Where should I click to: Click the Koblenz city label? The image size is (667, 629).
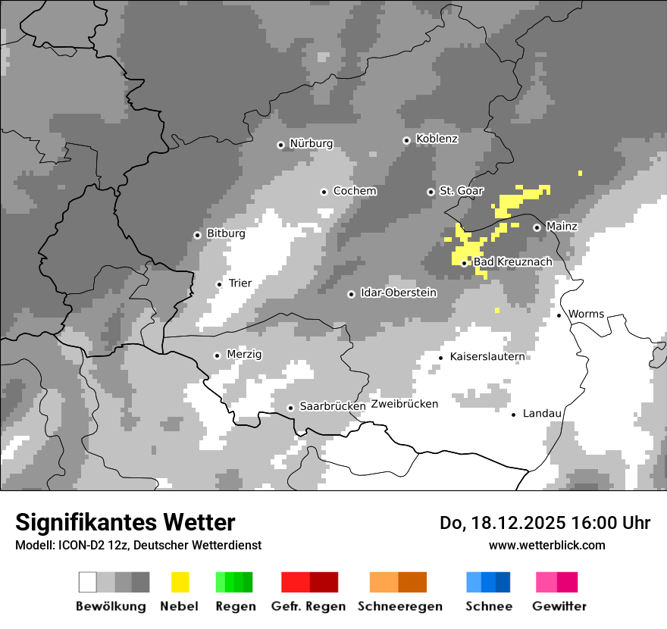(x=437, y=139)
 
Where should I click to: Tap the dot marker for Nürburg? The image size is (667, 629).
(x=280, y=145)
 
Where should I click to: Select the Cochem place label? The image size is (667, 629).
(x=354, y=191)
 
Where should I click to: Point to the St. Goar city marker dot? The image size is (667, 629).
(x=431, y=192)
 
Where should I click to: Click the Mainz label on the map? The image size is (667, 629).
(x=562, y=227)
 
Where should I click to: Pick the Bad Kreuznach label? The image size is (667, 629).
(x=512, y=262)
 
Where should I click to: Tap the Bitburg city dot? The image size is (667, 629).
(x=197, y=235)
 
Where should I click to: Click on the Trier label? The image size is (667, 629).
(x=240, y=283)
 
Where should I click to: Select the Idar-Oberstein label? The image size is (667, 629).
(x=399, y=293)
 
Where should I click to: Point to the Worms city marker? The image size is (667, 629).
(x=559, y=315)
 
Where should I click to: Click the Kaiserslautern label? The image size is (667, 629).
(x=487, y=356)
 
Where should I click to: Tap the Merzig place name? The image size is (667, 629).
(x=244, y=355)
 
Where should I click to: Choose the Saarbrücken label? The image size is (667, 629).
(x=333, y=406)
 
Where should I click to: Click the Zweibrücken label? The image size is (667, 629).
(x=404, y=404)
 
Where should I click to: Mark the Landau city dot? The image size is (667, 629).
(x=513, y=415)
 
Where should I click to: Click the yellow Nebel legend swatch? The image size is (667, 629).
(x=180, y=582)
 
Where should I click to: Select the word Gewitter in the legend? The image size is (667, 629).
(x=559, y=606)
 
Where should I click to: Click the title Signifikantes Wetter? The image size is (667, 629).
(x=125, y=523)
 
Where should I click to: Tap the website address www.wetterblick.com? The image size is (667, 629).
(x=546, y=545)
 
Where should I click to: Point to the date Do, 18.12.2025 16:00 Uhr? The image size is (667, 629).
(x=545, y=523)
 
